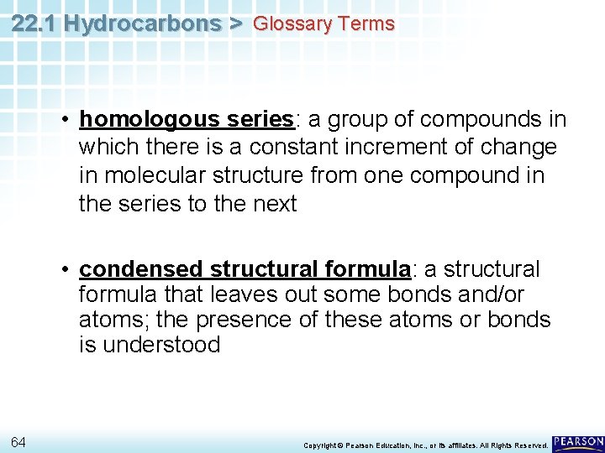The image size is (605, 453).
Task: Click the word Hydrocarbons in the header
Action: pyautogui.click(x=141, y=23)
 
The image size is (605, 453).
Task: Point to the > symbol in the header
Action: pyautogui.click(x=235, y=23)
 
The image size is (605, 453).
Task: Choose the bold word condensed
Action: pyautogui.click(x=141, y=269)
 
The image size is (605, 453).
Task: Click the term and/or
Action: pyautogui.click(x=488, y=294)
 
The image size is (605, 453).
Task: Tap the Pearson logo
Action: pyautogui.click(x=578, y=442)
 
